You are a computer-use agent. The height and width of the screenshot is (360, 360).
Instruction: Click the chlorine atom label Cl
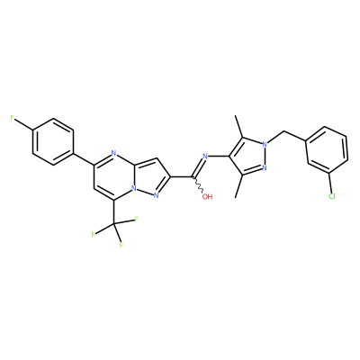point(331,197)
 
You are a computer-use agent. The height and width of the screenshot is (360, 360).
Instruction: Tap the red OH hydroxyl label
point(207,197)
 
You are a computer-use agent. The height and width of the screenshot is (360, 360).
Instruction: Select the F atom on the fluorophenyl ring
point(13,118)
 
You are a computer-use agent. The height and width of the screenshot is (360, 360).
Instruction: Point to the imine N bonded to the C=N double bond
point(205,157)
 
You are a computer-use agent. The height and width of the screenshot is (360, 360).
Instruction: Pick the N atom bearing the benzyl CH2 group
point(265,145)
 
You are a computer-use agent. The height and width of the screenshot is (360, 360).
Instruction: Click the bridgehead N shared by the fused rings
point(134,189)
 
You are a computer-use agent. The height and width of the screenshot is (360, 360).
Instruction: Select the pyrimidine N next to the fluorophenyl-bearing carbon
point(113,153)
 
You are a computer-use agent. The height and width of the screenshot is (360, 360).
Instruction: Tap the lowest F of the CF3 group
point(121,245)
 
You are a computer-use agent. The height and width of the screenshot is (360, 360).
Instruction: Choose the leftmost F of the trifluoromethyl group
point(94,235)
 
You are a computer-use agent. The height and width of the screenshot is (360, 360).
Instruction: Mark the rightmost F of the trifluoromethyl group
point(136,220)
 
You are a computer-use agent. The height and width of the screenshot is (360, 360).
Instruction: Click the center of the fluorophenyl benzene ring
point(53,141)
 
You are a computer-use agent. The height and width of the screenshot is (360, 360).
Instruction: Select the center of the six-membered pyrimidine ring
point(113,177)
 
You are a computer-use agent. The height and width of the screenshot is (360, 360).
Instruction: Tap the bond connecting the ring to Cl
point(330,184)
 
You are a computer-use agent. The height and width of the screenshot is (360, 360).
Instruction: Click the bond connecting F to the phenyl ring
point(24,125)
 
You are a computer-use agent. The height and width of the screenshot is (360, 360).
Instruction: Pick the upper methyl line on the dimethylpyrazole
point(239,128)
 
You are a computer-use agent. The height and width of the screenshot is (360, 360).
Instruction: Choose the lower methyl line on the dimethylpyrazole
point(239,186)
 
